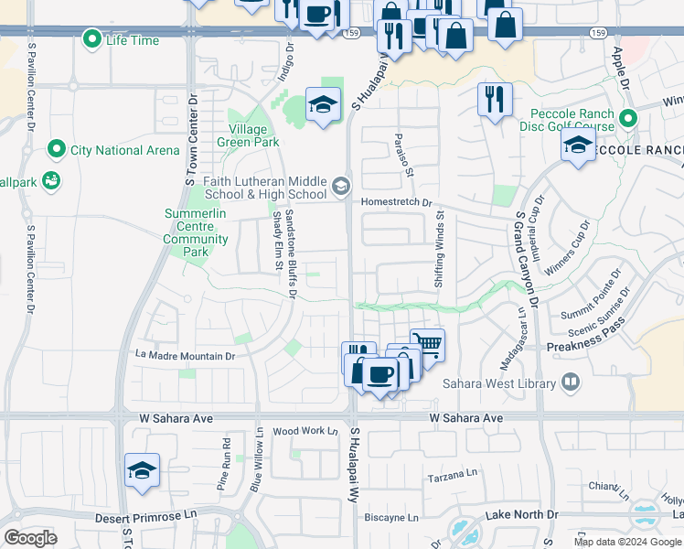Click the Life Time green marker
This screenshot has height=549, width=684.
pyautogui.click(x=91, y=39)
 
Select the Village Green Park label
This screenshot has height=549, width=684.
pyautogui.click(x=248, y=135)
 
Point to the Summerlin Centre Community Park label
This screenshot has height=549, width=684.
pyautogui.click(x=196, y=232)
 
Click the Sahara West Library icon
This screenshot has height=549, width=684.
pyautogui.click(x=571, y=382)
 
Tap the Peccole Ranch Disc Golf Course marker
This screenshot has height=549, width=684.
pyautogui.click(x=627, y=119)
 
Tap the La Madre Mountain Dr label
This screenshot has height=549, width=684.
pyautogui.click(x=185, y=355)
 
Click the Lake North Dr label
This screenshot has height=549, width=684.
pyautogui.click(x=521, y=515)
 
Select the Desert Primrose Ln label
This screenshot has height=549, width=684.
pyautogui.click(x=146, y=517)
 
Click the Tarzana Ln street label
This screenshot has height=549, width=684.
pyautogui.click(x=454, y=478)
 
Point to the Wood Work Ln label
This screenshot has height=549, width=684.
pyautogui.click(x=305, y=430)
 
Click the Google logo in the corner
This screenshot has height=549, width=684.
pyautogui.click(x=30, y=538)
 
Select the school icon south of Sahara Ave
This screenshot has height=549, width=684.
pyautogui.click(x=143, y=470)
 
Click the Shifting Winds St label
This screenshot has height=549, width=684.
pyautogui.click(x=439, y=250)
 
